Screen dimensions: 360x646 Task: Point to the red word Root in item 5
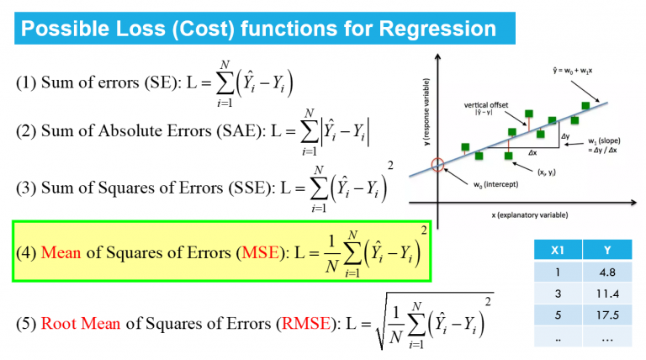coord(57,323)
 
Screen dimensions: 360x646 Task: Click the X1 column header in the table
coord(556,249)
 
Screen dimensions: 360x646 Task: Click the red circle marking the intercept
coord(437,165)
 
